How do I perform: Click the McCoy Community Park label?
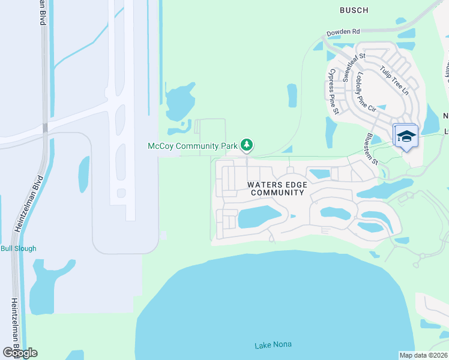193,146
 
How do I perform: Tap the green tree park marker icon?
246,145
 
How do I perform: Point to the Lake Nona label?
273,345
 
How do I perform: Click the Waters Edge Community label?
277,188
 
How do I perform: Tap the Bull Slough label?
19,248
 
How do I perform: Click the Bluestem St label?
370,149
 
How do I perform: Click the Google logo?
19,353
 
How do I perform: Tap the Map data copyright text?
423,355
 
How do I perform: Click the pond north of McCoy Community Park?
179,101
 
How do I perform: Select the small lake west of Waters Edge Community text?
259,217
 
